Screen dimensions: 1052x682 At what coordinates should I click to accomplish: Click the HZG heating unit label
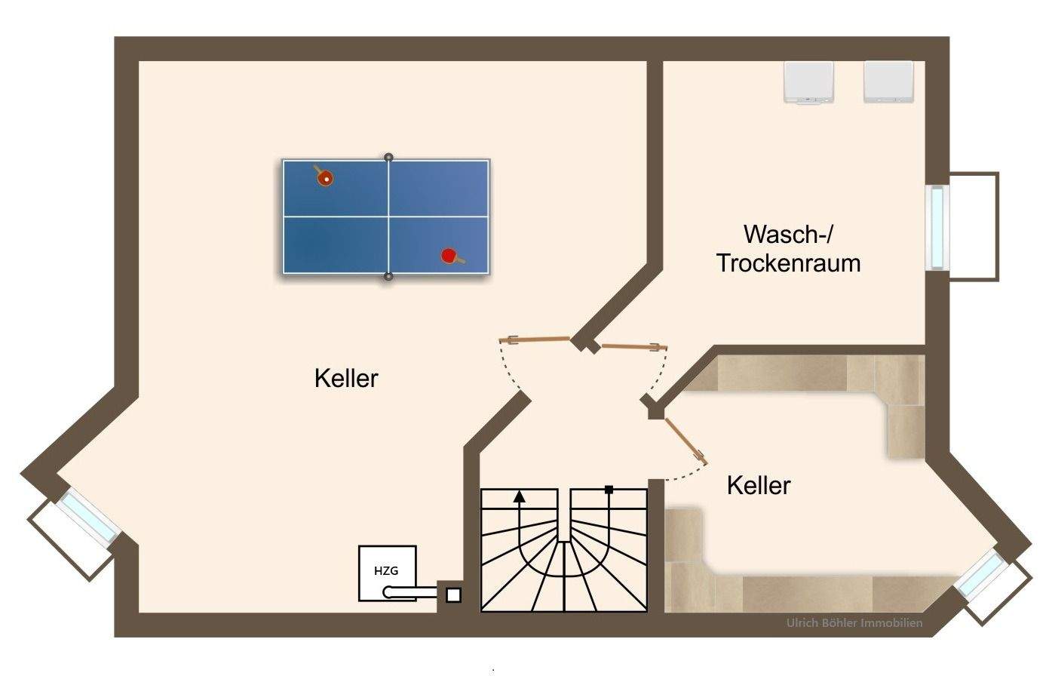(386, 570)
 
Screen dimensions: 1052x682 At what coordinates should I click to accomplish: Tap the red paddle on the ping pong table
(451, 257)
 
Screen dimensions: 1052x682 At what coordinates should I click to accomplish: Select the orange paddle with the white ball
(324, 177)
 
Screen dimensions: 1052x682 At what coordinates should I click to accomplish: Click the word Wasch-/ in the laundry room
(788, 235)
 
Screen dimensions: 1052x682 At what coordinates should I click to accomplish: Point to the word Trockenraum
(789, 263)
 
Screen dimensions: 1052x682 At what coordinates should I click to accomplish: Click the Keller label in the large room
(346, 379)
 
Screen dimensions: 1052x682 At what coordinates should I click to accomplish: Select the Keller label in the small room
(759, 485)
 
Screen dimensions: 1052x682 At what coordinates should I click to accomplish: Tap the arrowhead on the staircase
(519, 497)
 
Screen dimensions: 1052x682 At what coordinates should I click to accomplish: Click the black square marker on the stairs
(609, 490)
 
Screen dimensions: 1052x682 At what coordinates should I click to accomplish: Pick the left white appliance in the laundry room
(808, 81)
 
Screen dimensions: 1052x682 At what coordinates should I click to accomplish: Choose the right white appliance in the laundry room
(888, 81)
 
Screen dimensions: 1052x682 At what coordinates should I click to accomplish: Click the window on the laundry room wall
(937, 228)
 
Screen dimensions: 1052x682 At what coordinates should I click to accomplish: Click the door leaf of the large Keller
(535, 339)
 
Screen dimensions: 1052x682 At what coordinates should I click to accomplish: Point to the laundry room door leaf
(634, 347)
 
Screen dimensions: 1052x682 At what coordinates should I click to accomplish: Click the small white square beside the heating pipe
(453, 595)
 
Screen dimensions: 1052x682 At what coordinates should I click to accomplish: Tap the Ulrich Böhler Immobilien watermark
(854, 623)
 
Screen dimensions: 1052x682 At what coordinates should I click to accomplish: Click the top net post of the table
(388, 158)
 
